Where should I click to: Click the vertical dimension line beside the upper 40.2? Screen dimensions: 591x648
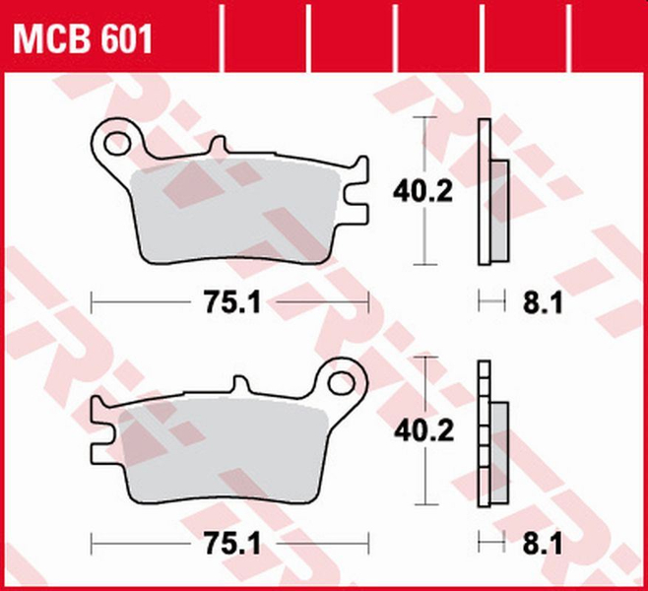click(423, 236)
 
